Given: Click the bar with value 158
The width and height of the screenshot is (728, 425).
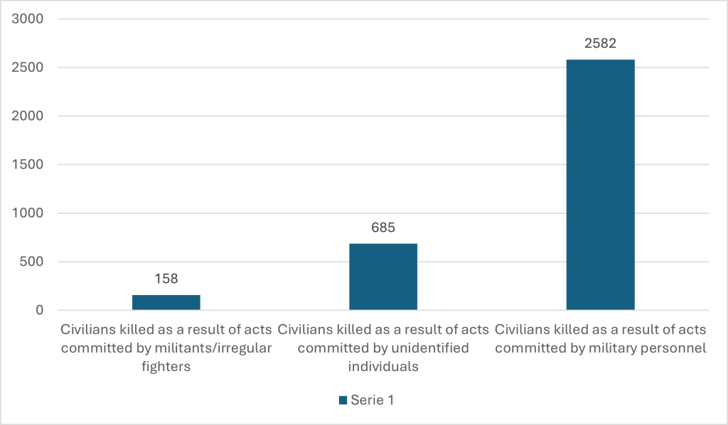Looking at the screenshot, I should (x=166, y=302).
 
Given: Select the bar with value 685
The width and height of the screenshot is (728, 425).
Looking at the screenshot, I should (x=383, y=276).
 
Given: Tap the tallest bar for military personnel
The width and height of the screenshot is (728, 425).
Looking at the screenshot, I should (x=600, y=185).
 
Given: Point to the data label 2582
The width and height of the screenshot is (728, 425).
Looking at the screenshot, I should (x=600, y=44).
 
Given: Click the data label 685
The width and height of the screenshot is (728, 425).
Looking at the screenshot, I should (x=383, y=228).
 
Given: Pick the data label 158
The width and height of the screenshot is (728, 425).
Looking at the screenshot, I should (x=166, y=279).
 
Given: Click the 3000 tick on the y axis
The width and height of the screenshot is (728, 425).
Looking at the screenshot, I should (x=29, y=19).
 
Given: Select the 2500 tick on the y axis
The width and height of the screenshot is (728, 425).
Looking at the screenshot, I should (x=29, y=68).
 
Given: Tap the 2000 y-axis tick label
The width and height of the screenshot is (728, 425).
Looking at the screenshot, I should (x=29, y=116).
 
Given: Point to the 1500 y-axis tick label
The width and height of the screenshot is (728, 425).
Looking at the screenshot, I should (x=29, y=165).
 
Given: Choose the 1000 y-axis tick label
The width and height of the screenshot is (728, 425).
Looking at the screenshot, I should (x=29, y=213).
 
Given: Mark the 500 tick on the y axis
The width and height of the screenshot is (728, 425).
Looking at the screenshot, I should (x=33, y=262).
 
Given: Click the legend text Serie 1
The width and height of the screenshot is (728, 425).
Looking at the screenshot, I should (x=372, y=400).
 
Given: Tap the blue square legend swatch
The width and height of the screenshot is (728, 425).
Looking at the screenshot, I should (x=342, y=400).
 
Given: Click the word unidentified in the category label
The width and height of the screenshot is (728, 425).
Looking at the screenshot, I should (x=426, y=348).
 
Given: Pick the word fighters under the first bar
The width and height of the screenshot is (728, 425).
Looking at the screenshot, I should (x=166, y=367).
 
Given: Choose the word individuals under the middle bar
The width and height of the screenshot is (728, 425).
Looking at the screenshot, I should (x=383, y=367).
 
